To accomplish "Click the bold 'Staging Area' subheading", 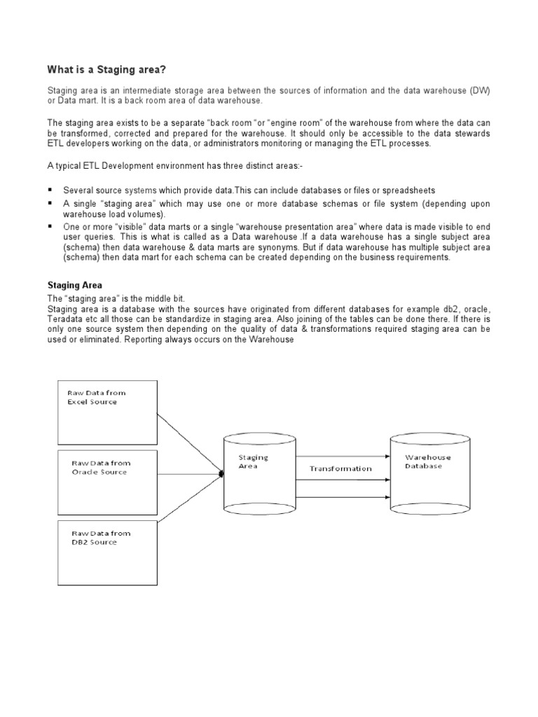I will [74, 285].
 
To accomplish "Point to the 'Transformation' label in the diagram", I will [340, 468].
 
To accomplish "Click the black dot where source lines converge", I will [221, 474].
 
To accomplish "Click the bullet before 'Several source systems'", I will [50, 190].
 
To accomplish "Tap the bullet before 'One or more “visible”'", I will [50, 227].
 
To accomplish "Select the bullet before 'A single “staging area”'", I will [50, 203].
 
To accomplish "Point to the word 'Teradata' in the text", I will [64, 320].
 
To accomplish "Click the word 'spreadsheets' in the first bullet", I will [406, 190].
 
